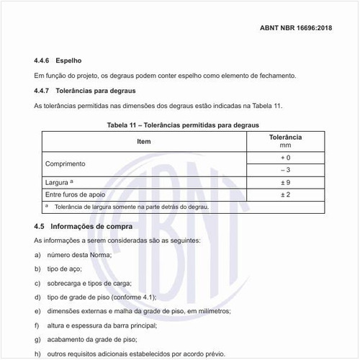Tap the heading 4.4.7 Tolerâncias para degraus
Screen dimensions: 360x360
click(85, 91)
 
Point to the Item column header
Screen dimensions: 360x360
click(144, 141)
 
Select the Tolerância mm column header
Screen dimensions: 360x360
click(285, 140)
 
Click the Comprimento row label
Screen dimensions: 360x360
click(66, 163)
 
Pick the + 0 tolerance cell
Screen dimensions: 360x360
click(285, 157)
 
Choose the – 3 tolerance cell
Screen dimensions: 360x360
click(285, 170)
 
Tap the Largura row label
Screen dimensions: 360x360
click(57, 182)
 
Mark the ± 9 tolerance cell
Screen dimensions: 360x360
click(285, 182)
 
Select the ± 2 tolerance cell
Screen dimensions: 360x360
click(285, 194)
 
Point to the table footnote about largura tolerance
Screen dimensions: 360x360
click(127, 207)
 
